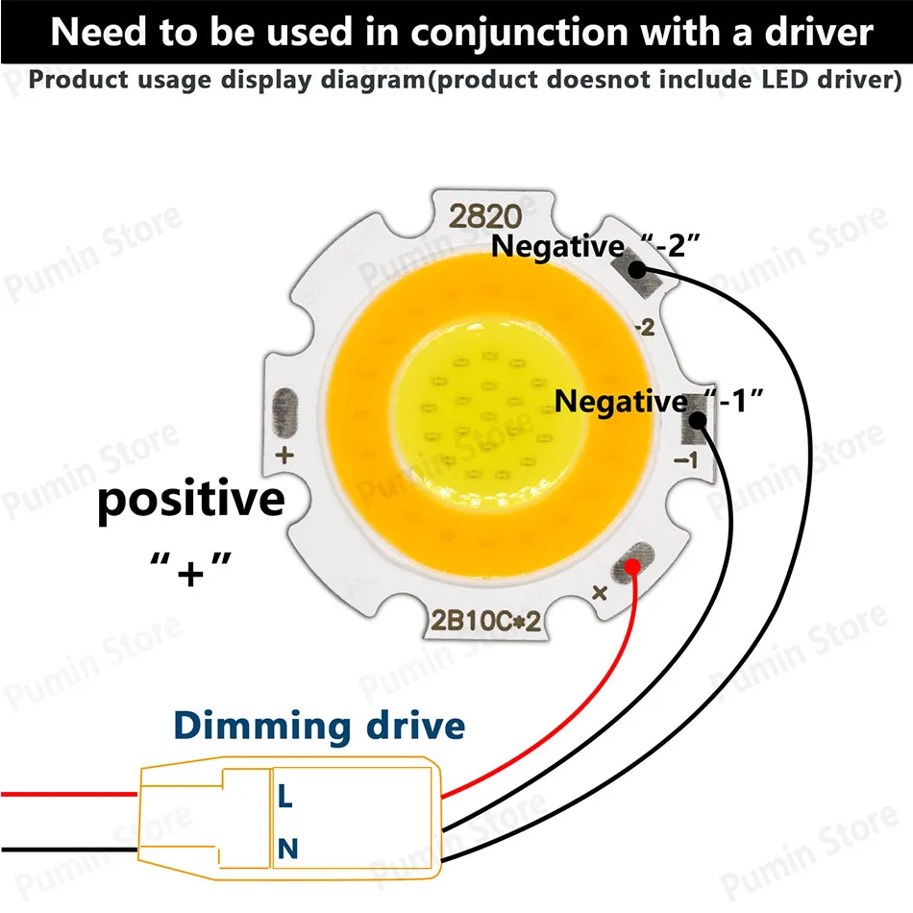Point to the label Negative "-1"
(x=660, y=401)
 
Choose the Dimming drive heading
(x=319, y=726)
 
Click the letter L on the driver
(x=285, y=797)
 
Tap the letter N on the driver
(x=286, y=848)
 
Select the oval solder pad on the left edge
(x=285, y=407)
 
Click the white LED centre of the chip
(x=471, y=413)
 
